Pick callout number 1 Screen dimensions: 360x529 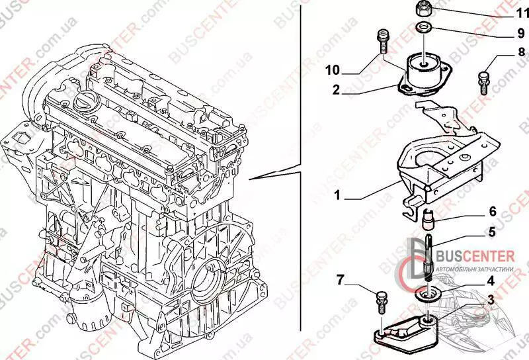pyautogui.click(x=338, y=197)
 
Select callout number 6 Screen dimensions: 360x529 pyautogui.click(x=491, y=212)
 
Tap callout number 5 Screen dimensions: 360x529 pyautogui.click(x=491, y=232)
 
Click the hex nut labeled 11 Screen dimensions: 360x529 pyautogui.click(x=423, y=9)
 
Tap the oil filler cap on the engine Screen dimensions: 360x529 pyautogui.click(x=88, y=104)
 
